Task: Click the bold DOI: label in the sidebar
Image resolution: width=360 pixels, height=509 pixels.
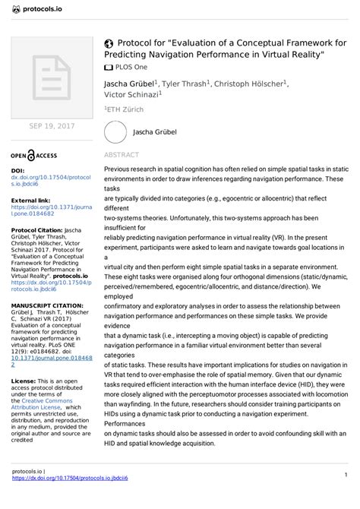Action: point(18,172)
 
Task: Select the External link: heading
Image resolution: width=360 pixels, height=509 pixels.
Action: point(31,199)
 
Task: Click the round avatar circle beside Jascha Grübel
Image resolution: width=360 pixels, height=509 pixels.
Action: point(115,131)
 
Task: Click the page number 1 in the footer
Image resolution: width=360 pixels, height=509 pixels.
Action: point(345,496)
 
